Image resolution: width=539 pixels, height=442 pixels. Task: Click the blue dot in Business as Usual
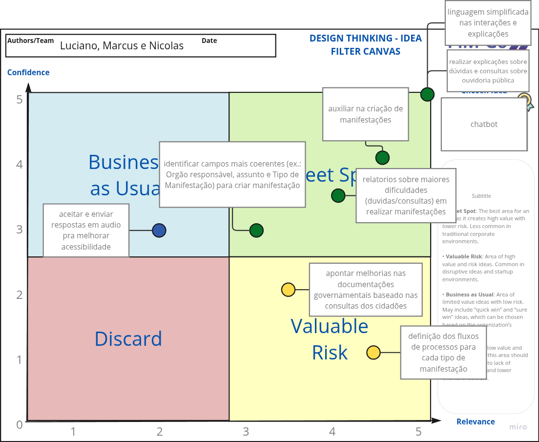(x=159, y=231)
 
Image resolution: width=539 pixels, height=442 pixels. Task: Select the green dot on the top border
(x=427, y=94)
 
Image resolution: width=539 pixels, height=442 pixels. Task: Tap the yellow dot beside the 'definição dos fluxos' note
(x=373, y=352)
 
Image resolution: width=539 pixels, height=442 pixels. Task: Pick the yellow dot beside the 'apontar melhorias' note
(x=289, y=290)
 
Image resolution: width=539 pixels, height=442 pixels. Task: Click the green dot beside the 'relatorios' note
(x=338, y=196)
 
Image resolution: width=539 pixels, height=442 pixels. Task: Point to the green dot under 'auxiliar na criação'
(x=382, y=158)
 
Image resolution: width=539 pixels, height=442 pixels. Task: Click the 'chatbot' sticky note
(x=484, y=124)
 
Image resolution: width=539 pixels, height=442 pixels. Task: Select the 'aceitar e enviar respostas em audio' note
(x=86, y=230)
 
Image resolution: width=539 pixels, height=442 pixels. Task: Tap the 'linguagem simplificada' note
(x=488, y=23)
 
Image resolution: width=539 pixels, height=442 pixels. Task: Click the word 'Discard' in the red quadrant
(x=128, y=339)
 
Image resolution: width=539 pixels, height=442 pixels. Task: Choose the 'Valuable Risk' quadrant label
(x=330, y=339)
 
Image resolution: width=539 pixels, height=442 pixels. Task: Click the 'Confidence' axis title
(x=28, y=72)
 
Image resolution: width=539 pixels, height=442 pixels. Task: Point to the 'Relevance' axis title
(x=476, y=421)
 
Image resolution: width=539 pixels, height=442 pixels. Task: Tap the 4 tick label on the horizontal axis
(x=332, y=432)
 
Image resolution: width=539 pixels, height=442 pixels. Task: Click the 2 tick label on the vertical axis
(x=20, y=295)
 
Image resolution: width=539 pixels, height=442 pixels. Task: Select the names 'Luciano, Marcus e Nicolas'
(x=122, y=46)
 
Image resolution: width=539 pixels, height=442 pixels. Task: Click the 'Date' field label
(x=209, y=41)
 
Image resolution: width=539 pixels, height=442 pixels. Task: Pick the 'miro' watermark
(x=518, y=427)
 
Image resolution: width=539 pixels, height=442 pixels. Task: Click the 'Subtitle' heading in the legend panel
(x=481, y=196)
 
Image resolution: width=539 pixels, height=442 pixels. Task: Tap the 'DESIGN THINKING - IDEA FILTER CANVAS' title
(x=365, y=44)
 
